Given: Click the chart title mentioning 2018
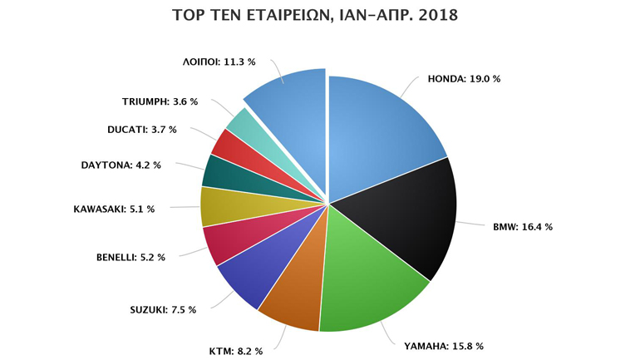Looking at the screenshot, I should pyautogui.click(x=320, y=15).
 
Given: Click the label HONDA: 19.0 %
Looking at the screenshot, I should pyautogui.click(x=464, y=79).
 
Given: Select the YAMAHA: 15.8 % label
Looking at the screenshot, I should pyautogui.click(x=444, y=345).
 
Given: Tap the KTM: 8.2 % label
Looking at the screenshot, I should pyautogui.click(x=235, y=351).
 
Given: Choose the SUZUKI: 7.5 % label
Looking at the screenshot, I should pyautogui.click(x=163, y=310).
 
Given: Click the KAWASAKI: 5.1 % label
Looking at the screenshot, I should pyautogui.click(x=114, y=209).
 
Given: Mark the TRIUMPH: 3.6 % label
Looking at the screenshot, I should pyautogui.click(x=160, y=101).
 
